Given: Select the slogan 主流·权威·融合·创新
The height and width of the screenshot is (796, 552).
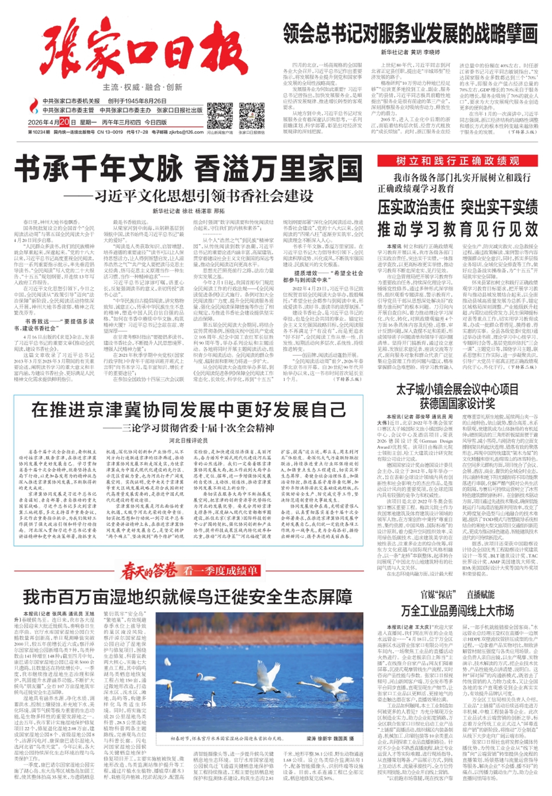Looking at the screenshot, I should pos(142,87).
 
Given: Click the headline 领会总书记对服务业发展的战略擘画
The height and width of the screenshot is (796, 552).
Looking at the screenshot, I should pos(410,34).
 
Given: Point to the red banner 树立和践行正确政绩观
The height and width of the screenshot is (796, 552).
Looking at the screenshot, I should pos(457,161).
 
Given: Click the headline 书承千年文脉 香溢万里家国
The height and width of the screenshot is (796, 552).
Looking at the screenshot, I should pos(188,169).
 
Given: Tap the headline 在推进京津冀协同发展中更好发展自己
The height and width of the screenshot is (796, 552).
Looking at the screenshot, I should pos(188,410).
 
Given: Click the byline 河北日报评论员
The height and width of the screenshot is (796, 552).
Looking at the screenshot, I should pos(188,441).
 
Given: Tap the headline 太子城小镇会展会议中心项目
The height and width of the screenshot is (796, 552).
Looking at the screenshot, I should pos(457,390).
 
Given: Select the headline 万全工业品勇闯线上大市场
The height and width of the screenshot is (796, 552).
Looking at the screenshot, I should pos(457,611).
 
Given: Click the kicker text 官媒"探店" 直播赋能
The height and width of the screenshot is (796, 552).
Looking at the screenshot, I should pos(457,595).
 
